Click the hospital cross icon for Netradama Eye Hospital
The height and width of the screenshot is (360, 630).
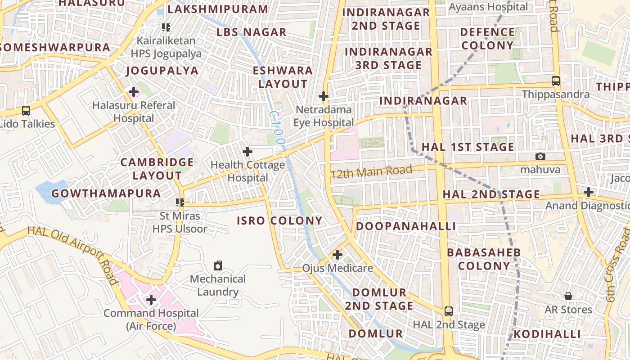pos(323,96)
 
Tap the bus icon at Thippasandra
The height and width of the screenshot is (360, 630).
pos(556,81)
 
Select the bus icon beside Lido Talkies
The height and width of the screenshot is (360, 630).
pos(26,111)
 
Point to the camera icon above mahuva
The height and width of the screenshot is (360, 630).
pos(540,157)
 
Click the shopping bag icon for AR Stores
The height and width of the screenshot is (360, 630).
pos(568,296)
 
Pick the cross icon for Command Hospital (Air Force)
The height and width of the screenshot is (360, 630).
pos(151,300)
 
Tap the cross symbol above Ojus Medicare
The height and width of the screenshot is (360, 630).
pos(337,255)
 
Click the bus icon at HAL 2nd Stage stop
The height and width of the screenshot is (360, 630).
pos(449,311)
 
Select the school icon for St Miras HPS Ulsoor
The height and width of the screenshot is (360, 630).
pos(180,202)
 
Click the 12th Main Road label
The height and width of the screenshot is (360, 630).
pos(371,171)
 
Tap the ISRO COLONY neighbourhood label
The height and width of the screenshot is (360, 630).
pos(279,221)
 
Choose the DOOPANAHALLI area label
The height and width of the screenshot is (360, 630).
pos(406,226)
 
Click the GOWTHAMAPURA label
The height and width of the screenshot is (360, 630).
pos(106,194)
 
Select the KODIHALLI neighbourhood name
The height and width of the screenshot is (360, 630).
pos(547,334)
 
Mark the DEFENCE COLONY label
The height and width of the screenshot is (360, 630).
pos(487,39)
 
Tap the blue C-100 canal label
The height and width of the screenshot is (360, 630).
pos(277,128)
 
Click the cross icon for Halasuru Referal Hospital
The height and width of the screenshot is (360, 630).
pos(133,92)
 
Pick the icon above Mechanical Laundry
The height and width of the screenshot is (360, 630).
pos(218,265)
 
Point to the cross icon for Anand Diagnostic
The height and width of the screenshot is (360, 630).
pos(589,193)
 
